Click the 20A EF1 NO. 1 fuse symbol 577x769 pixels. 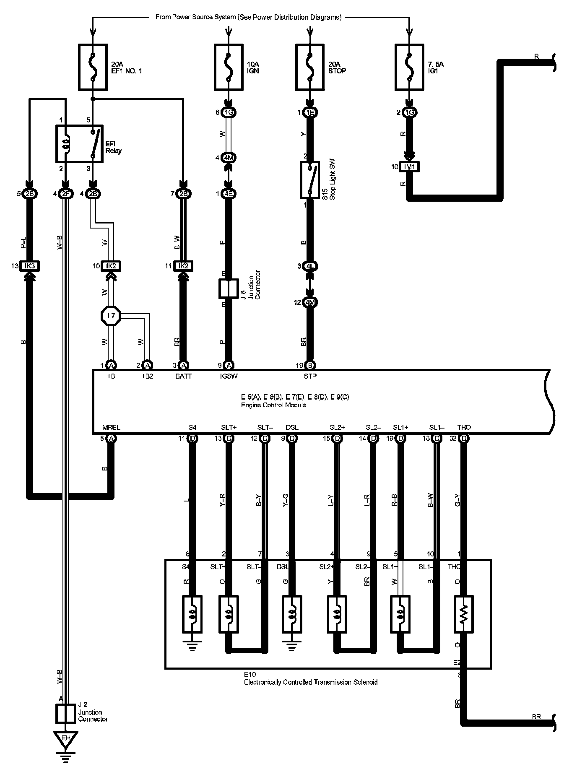pyautogui.click(x=93, y=67)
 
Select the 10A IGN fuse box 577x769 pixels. pyautogui.click(x=228, y=67)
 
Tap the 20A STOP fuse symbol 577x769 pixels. pyautogui.click(x=309, y=67)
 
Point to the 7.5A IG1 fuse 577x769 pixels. pyautogui.click(x=409, y=67)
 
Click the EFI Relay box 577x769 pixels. pyautogui.click(x=79, y=144)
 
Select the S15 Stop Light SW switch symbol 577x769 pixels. pyautogui.click(x=310, y=180)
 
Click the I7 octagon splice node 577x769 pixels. pyautogui.click(x=111, y=315)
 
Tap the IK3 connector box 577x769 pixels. pyautogui.click(x=29, y=266)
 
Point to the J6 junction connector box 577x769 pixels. pyautogui.click(x=228, y=288)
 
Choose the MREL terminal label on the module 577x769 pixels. pyautogui.click(x=111, y=427)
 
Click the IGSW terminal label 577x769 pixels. pyautogui.click(x=229, y=376)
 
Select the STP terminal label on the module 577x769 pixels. pyautogui.click(x=310, y=376)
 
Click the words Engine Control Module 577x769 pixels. pyautogui.click(x=273, y=405)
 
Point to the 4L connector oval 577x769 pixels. pyautogui.click(x=310, y=266)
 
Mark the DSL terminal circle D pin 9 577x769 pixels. pyautogui.click(x=292, y=439)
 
